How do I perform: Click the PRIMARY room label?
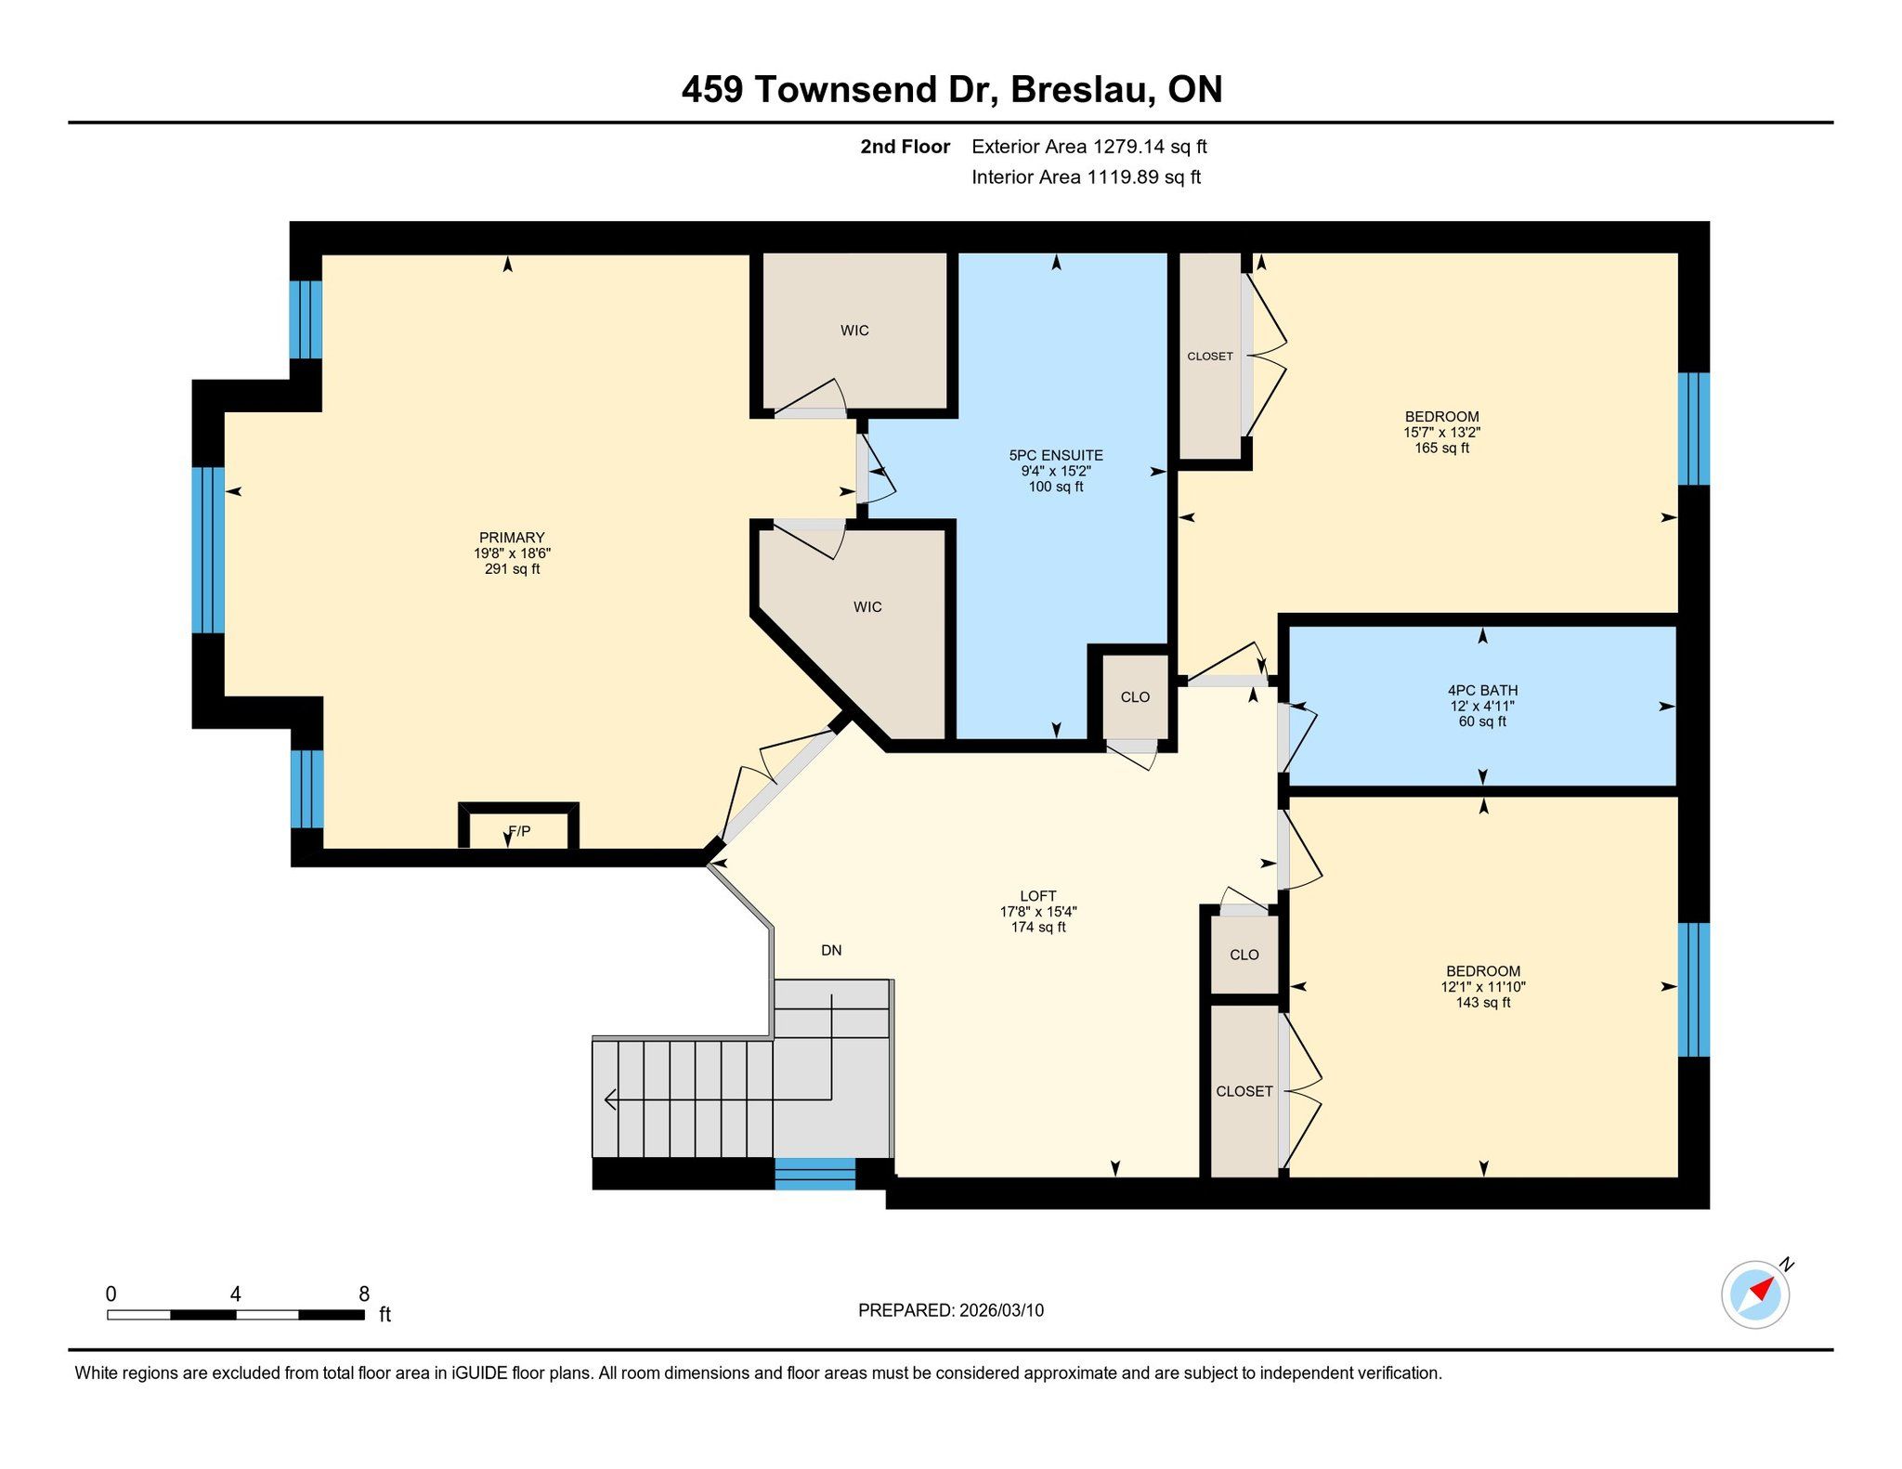coord(512,538)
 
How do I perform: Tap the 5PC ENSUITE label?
coord(1056,455)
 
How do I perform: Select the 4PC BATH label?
coord(1482,690)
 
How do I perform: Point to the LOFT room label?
coord(1038,896)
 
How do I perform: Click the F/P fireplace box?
coord(519,826)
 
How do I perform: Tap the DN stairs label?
coord(831,950)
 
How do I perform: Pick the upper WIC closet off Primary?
coord(854,331)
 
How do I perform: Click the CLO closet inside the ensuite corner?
coord(1135,697)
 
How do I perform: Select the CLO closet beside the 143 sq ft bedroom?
coord(1244,955)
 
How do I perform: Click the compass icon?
coord(1755,1294)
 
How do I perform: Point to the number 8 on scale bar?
coord(364,1293)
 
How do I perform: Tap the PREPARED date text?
coord(951,1310)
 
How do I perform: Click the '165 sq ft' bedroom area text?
coord(1441,448)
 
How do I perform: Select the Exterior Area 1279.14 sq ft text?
coord(1089,147)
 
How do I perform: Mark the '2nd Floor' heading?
coord(905,147)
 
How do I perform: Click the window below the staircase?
coord(815,1174)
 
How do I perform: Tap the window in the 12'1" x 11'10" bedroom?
coord(1694,990)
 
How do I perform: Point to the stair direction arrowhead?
coord(610,1099)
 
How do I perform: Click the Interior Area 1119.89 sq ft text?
coord(1087,177)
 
